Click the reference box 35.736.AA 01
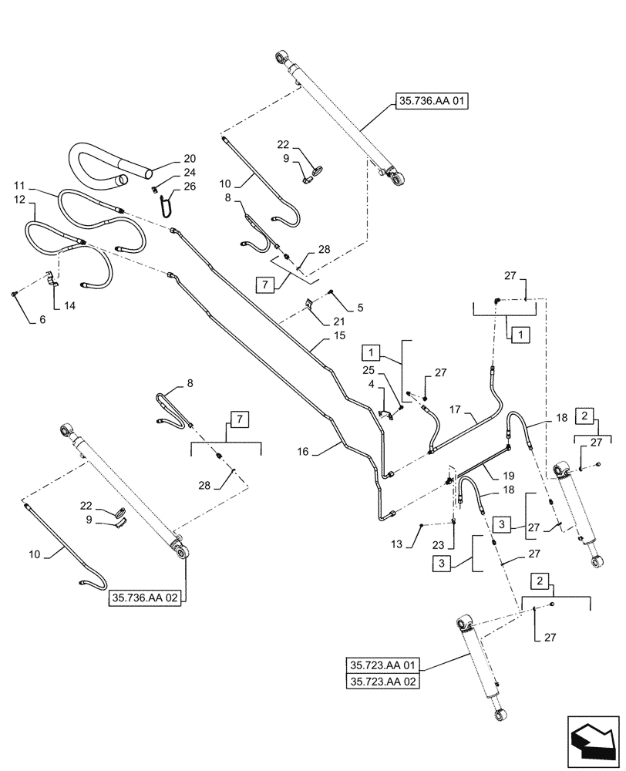click(x=432, y=102)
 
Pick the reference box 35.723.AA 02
click(x=383, y=682)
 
